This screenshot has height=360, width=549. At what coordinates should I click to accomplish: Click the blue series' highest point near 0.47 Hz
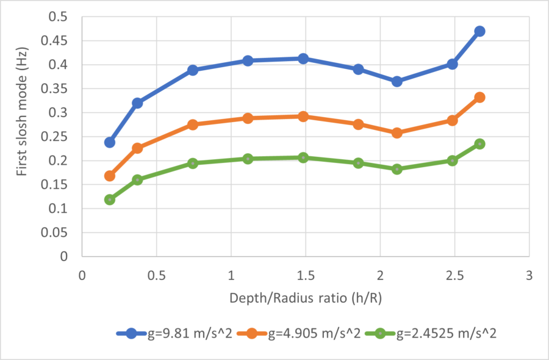(479, 31)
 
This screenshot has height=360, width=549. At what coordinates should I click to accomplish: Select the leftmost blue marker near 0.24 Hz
(110, 142)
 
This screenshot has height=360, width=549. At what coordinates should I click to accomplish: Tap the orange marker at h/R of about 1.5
(303, 117)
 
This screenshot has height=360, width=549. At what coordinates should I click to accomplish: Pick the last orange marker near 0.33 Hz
(479, 97)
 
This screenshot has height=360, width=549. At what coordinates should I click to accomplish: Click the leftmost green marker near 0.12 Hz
(110, 200)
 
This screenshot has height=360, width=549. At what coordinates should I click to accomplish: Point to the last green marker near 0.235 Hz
(479, 144)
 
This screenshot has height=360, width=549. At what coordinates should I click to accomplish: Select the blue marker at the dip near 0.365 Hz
(397, 81)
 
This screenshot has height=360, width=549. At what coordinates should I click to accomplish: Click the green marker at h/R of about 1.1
(248, 159)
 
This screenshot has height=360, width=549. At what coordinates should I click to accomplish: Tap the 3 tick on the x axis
(528, 275)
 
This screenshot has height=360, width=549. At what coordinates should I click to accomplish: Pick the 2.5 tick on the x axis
(454, 275)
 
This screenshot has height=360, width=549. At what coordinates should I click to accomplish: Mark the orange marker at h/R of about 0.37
(137, 148)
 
